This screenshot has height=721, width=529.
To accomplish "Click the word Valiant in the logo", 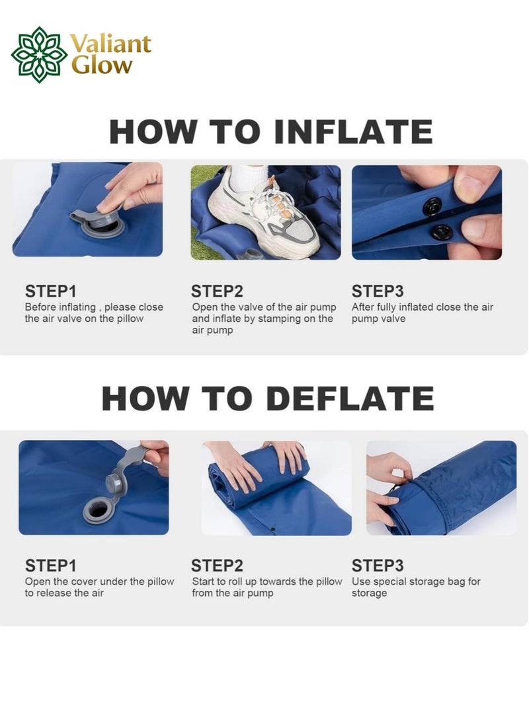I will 111,45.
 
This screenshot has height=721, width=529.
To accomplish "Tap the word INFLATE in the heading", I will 353,132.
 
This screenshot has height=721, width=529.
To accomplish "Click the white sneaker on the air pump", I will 264,211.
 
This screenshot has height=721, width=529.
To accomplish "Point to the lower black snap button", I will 442,232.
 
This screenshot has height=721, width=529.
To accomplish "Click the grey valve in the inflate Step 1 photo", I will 102,224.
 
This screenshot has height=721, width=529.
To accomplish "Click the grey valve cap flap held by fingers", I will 132,461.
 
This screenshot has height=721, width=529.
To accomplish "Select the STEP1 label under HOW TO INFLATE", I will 51,291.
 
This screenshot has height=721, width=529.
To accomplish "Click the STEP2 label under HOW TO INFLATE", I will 217,291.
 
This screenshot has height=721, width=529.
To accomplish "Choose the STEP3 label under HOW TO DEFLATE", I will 378,566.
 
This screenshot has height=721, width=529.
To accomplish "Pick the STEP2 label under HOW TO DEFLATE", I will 217,566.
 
